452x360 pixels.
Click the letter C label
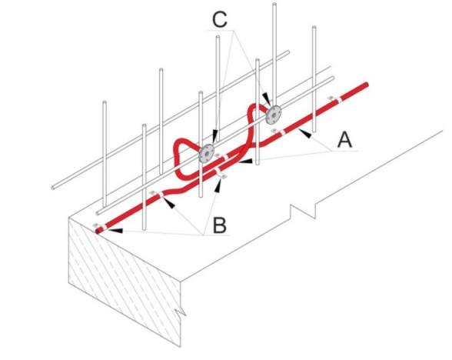(220, 20)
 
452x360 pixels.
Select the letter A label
(344, 140)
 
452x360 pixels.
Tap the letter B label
(220, 225)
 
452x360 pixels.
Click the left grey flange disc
(207, 153)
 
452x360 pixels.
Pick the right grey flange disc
(274, 114)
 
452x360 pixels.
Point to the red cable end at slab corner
(98, 231)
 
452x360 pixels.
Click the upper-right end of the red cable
(366, 85)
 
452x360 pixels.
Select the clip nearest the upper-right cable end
(335, 99)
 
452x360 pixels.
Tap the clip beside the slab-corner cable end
(100, 226)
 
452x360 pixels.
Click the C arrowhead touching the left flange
(214, 136)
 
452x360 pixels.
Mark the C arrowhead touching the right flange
(266, 99)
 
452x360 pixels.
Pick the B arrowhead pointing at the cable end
(117, 230)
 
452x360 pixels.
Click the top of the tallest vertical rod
(274, 4)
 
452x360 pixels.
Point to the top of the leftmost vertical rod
(105, 102)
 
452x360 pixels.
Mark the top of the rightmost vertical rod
(314, 28)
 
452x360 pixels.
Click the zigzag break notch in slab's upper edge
(303, 211)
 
